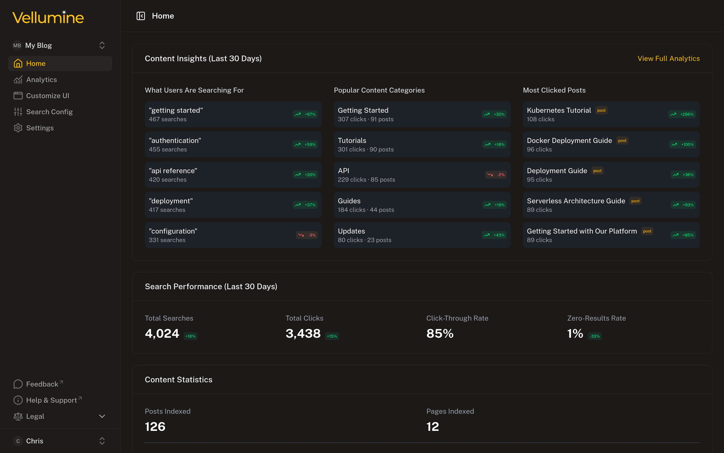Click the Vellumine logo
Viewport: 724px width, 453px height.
pos(48,18)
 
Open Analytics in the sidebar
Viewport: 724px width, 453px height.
pos(41,80)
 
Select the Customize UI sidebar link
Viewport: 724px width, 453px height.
pos(47,96)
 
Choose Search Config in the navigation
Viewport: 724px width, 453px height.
pos(49,112)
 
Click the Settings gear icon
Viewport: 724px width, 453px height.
pos(18,128)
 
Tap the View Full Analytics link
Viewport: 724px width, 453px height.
pos(668,59)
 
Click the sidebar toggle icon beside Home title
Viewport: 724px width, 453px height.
pos(140,16)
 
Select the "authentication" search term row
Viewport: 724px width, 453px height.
pos(233,144)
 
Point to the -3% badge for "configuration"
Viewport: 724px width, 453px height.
pos(307,235)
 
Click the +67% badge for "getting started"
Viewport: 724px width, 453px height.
pos(305,114)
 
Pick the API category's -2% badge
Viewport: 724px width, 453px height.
pos(496,175)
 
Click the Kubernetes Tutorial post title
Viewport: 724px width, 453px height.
pos(559,110)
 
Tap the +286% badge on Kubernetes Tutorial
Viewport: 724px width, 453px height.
pos(682,114)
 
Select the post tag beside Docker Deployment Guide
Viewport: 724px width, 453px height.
pos(622,141)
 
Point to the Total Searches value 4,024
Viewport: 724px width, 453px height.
pos(162,334)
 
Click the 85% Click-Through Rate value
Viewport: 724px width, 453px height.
pos(440,334)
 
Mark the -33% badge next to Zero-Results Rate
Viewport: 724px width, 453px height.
pos(595,336)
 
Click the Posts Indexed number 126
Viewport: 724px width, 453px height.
pos(155,427)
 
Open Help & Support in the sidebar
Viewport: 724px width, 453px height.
pos(51,400)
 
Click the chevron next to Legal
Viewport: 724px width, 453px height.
pos(102,416)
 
